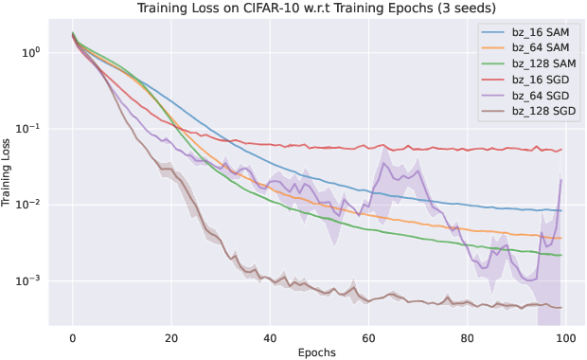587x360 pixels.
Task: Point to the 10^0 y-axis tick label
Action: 31,52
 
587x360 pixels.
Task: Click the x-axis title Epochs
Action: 316,351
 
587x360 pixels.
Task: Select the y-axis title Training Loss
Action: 9,173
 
